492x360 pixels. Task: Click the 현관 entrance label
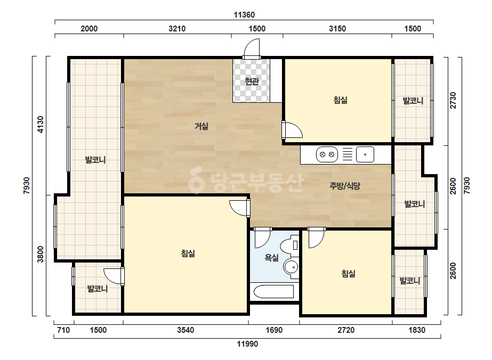[252, 81]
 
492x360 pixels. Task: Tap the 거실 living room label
[201, 126]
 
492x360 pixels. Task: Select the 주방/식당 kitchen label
[345, 186]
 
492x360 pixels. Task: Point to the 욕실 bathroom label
[272, 258]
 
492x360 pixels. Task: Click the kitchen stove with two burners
[327, 154]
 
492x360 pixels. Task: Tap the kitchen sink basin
[365, 154]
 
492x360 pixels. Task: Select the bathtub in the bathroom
[273, 292]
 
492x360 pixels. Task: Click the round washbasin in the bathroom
[292, 267]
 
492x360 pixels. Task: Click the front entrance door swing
[252, 48]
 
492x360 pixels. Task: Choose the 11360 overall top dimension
[244, 15]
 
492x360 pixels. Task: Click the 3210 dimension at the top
[177, 29]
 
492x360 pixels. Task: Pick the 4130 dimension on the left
[41, 125]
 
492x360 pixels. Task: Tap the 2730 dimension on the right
[453, 100]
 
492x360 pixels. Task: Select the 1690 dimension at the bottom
[274, 330]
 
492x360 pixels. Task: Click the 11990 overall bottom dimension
[247, 344]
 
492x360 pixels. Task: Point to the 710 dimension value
[63, 330]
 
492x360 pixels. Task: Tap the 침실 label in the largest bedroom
[188, 253]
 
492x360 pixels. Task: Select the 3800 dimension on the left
[41, 255]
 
